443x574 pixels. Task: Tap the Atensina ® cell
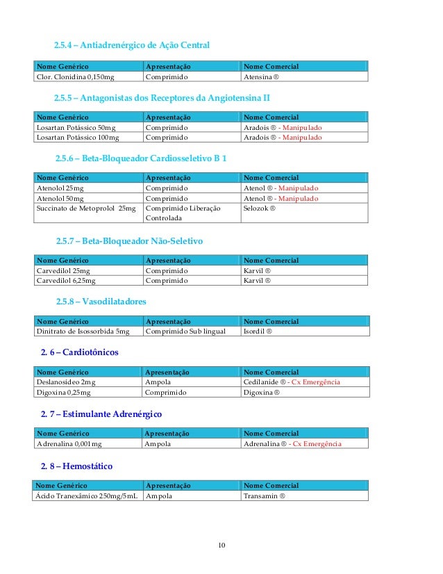click(265, 76)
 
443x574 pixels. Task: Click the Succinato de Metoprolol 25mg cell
click(86, 208)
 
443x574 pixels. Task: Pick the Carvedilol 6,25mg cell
click(65, 281)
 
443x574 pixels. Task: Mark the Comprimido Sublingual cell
click(185, 331)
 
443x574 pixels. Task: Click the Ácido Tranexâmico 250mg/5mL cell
click(86, 496)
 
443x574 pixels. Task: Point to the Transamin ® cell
click(265, 496)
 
